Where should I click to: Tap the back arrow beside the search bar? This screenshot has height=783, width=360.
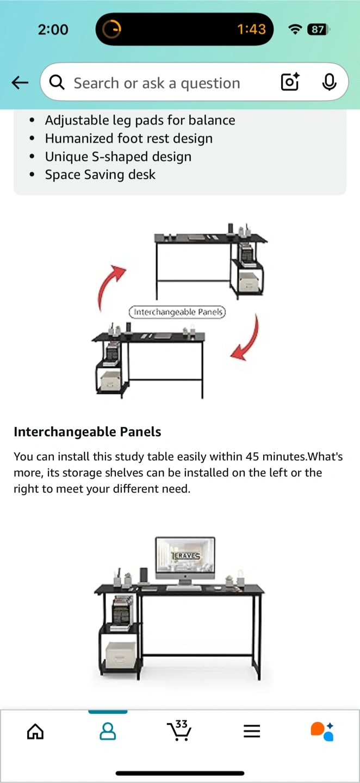(x=20, y=83)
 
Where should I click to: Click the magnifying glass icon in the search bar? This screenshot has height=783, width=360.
(x=57, y=83)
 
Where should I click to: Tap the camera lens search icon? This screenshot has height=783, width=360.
(x=290, y=82)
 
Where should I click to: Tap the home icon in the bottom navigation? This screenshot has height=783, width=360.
(x=35, y=731)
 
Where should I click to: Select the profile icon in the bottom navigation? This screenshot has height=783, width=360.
(x=108, y=731)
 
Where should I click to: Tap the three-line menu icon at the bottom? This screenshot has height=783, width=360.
(x=252, y=731)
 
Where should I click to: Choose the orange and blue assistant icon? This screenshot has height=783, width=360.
(x=322, y=731)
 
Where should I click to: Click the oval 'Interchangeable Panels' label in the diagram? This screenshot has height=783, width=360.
(x=177, y=312)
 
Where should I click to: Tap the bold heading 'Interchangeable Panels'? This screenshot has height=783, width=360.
(x=88, y=432)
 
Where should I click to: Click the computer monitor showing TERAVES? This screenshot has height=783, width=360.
(x=185, y=560)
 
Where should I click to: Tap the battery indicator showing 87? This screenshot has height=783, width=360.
(x=318, y=29)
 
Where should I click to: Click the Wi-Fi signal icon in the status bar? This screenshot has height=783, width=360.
(x=295, y=30)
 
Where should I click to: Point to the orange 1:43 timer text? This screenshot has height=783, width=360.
(x=251, y=29)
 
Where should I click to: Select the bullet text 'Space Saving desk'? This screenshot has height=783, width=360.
(x=100, y=175)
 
